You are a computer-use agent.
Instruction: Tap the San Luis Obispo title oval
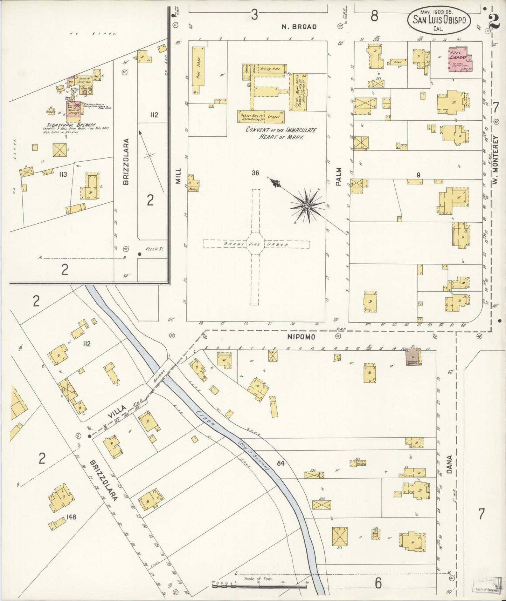pos(439,21)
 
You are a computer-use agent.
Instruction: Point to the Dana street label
pos(450,465)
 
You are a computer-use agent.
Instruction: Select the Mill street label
pos(179,176)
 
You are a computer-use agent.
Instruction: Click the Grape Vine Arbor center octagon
pos(255,244)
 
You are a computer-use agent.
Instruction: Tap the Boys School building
pos(198,70)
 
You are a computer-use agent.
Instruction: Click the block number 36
pos(255,173)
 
